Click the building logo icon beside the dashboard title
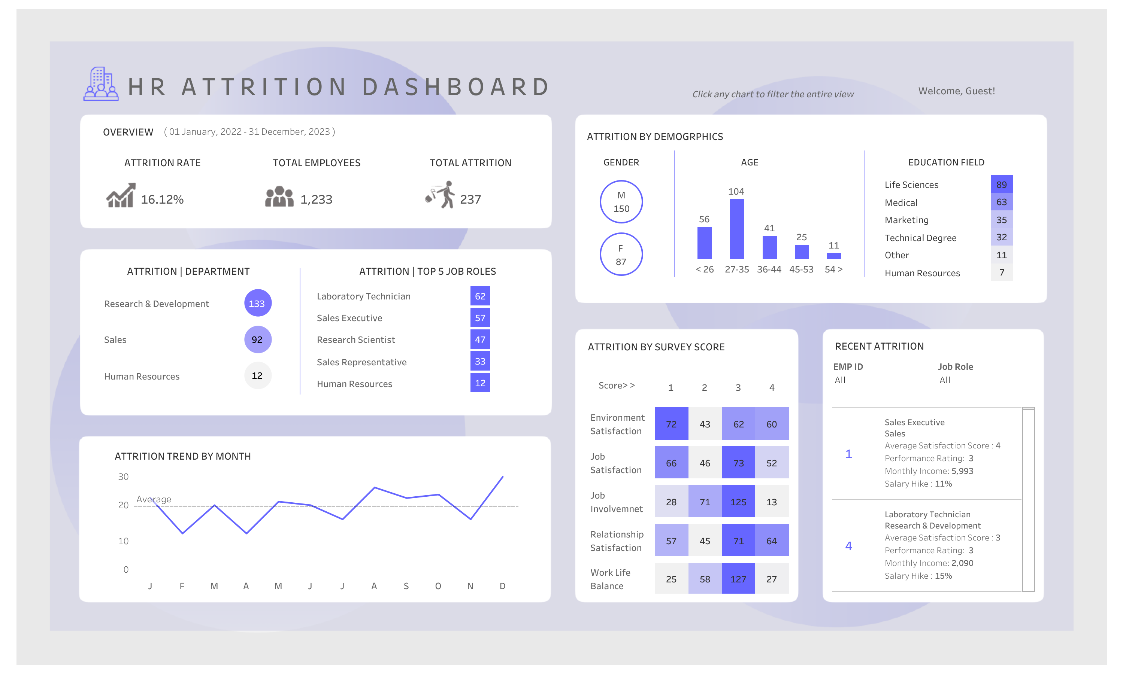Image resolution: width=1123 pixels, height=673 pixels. [101, 84]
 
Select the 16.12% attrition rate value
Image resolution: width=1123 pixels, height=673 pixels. [162, 200]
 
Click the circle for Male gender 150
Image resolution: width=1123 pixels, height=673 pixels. [621, 202]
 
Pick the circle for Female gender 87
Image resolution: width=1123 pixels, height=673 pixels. [621, 255]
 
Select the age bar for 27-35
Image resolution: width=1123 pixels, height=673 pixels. [736, 229]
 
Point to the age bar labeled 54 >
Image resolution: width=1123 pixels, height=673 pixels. [833, 256]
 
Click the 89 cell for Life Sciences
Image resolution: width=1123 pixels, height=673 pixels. [1001, 185]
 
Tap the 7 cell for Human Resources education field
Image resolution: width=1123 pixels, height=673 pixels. [1001, 272]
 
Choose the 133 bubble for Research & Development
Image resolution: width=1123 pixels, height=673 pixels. [257, 304]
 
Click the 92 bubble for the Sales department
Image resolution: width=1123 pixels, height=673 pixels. [257, 339]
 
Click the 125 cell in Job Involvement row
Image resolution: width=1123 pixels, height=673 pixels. [738, 502]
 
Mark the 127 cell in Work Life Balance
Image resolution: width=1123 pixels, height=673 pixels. [738, 579]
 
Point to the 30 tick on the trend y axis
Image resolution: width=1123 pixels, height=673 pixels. [123, 476]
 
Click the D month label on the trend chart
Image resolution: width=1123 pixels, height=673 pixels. [502, 586]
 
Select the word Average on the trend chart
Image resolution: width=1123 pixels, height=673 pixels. [154, 499]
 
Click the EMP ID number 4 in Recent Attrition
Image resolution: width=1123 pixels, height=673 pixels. [848, 546]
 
